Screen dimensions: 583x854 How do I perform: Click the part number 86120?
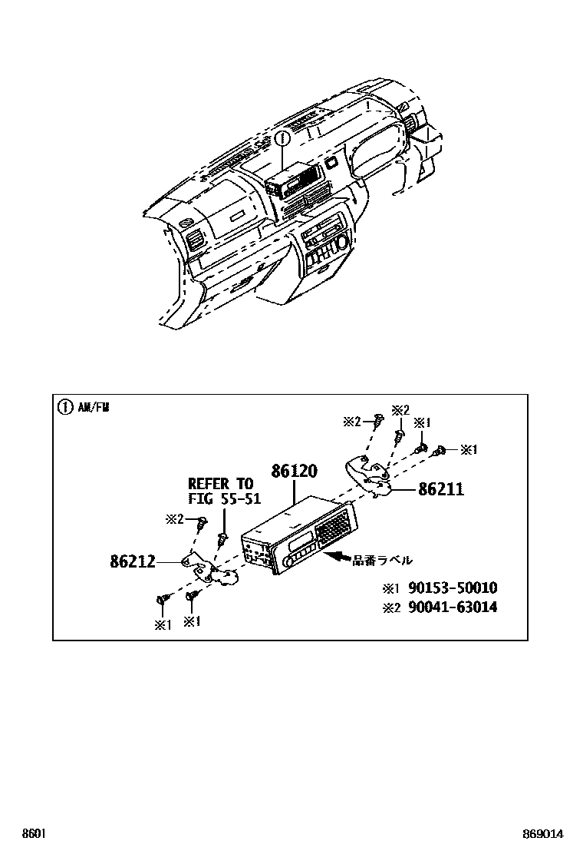(x=295, y=471)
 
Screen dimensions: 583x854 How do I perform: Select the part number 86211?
(x=441, y=489)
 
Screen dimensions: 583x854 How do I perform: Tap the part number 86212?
(x=133, y=561)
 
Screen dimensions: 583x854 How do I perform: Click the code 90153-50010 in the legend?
(x=453, y=588)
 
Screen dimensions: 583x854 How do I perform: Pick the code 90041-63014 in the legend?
(x=453, y=607)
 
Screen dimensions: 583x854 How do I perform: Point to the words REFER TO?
(x=221, y=484)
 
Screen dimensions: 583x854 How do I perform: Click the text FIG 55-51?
(x=224, y=498)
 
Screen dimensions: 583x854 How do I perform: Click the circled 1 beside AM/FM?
(x=65, y=407)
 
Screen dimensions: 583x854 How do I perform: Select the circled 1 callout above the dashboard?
(x=282, y=139)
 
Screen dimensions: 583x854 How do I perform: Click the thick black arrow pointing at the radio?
(x=337, y=556)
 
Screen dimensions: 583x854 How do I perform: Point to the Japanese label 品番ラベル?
(x=382, y=560)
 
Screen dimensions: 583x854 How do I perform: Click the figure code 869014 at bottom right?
(x=543, y=833)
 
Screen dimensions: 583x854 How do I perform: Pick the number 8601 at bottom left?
(x=33, y=833)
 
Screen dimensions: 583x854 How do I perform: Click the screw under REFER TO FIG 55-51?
(x=222, y=538)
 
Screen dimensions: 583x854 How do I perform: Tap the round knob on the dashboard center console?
(x=343, y=242)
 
